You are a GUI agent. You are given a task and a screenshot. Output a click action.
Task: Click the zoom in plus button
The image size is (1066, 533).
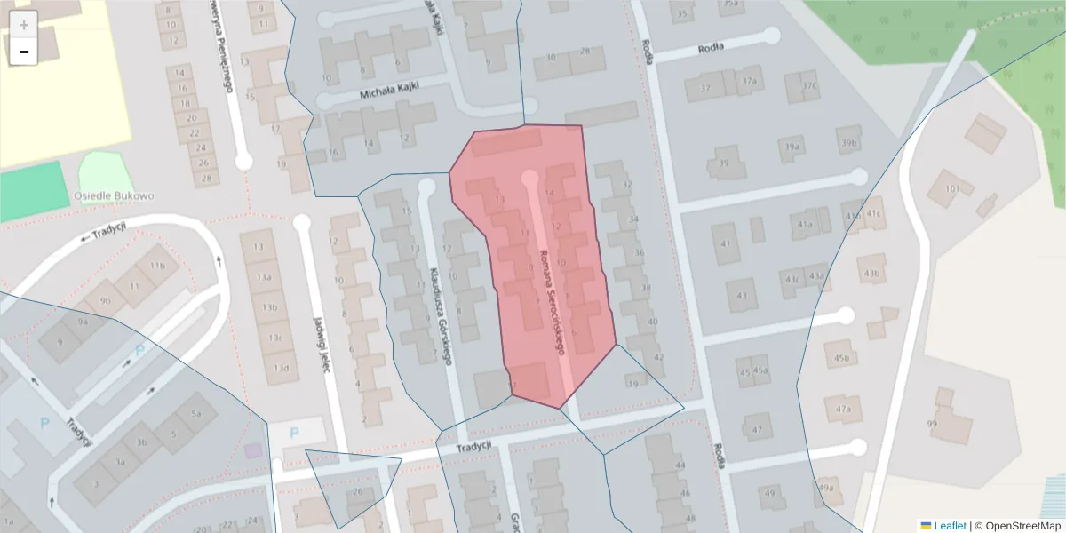click(24, 25)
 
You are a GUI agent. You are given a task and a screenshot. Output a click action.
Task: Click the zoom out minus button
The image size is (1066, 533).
click(24, 52)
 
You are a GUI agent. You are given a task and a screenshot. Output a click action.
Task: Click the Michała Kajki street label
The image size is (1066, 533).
click(388, 91)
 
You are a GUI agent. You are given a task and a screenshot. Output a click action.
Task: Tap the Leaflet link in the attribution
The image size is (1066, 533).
click(950, 526)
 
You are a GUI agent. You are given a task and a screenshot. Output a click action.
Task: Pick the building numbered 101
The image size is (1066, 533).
click(952, 188)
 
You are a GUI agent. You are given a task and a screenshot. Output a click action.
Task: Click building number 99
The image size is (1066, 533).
click(932, 424)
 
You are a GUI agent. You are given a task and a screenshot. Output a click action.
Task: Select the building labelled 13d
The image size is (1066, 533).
click(281, 368)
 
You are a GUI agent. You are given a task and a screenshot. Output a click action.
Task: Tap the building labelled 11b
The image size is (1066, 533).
click(157, 266)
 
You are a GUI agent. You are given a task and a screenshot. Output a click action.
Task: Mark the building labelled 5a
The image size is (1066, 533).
click(196, 413)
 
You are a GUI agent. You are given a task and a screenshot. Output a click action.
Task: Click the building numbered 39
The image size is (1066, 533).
click(724, 163)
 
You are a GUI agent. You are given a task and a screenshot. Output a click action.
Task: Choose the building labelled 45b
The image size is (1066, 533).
click(841, 359)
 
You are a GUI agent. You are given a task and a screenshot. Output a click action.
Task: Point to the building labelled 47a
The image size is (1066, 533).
click(844, 410)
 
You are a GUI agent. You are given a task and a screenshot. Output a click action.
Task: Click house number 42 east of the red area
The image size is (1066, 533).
click(658, 357)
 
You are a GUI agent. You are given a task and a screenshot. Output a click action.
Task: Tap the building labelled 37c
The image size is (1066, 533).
click(808, 86)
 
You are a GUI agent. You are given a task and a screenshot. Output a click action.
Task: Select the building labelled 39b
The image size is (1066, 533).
click(849, 143)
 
